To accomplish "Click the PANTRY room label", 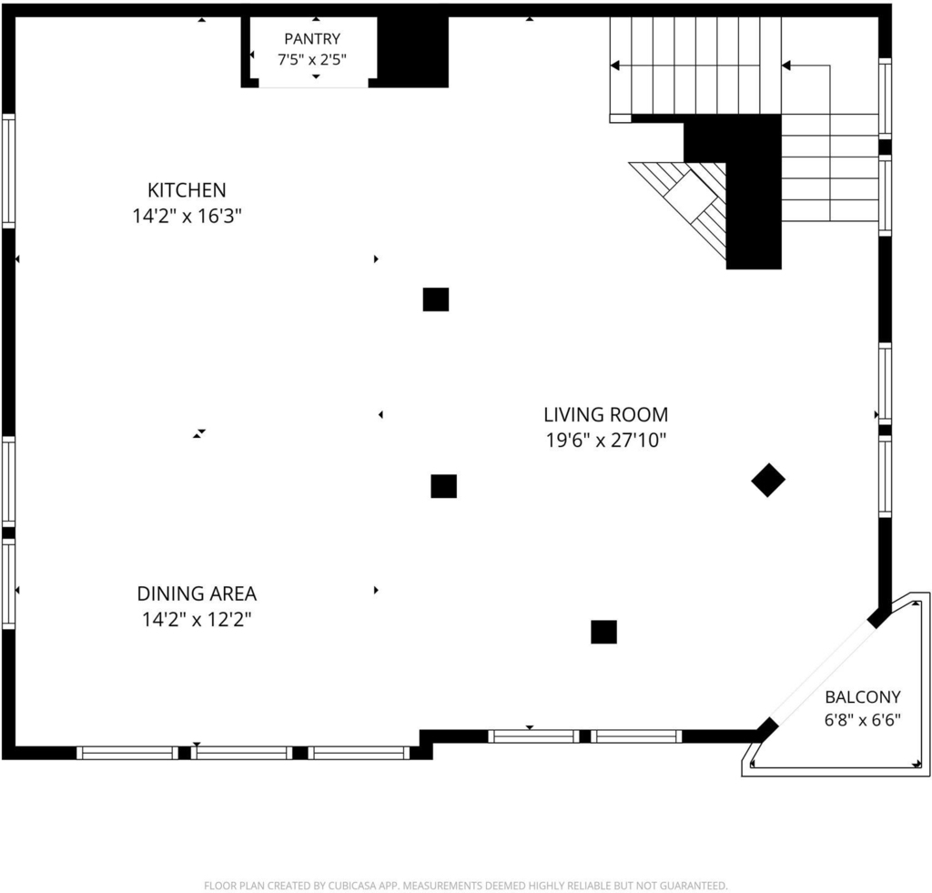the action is tap(312, 38).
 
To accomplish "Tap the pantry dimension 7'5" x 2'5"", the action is tap(312, 59).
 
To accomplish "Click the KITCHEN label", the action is tap(187, 190).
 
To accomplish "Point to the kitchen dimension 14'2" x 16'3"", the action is tap(187, 216).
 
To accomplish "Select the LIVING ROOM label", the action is tap(605, 414).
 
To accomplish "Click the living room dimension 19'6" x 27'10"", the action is tap(605, 441).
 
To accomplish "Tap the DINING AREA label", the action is tap(197, 594).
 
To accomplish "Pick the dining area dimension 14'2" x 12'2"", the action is tap(197, 620).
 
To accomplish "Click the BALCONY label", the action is tap(863, 696).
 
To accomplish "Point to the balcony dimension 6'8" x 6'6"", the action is tap(863, 720).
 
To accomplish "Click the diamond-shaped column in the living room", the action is tap(768, 480).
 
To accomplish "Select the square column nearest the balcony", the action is tap(604, 632).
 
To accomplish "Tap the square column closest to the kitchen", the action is tap(436, 299).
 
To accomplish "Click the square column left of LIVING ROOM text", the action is tap(444, 486).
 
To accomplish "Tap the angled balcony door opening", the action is tap(822, 674).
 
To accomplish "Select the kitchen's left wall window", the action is tap(8, 170).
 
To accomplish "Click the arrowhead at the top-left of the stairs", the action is tap(615, 66).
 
